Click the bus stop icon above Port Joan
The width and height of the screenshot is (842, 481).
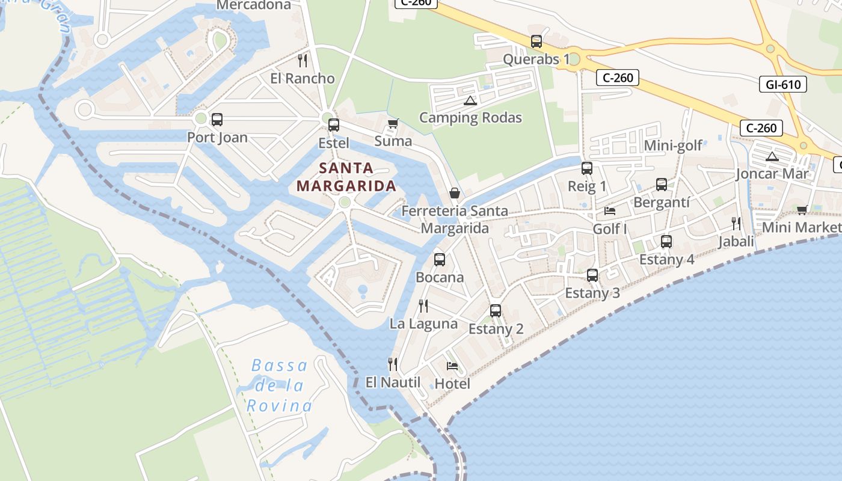tap(217, 120)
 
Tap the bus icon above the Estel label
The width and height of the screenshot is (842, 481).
tap(334, 125)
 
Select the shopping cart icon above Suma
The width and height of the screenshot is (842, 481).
tap(393, 124)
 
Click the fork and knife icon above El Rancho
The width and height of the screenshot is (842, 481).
tap(303, 61)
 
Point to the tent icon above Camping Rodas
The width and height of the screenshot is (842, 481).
tap(470, 100)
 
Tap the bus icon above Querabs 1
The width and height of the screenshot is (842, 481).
tap(536, 41)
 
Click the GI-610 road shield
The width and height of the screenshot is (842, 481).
tap(783, 84)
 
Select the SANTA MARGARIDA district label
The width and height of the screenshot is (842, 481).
tap(346, 177)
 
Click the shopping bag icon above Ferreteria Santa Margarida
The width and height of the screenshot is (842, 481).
tap(455, 193)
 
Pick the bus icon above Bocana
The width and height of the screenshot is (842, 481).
tap(440, 260)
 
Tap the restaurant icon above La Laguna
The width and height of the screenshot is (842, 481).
tap(423, 306)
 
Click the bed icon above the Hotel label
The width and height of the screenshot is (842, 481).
tap(452, 366)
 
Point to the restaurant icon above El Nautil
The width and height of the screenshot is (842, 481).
tap(393, 364)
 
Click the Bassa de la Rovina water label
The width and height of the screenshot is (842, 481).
tap(279, 385)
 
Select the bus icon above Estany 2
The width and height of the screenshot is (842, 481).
tap(496, 311)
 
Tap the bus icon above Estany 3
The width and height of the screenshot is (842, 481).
tap(592, 275)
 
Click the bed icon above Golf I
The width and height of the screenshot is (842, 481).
tap(610, 211)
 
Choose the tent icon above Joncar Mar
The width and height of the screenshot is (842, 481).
tap(772, 157)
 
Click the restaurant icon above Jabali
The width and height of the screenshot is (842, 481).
tap(736, 224)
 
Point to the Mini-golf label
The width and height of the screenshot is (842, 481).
tap(673, 146)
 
